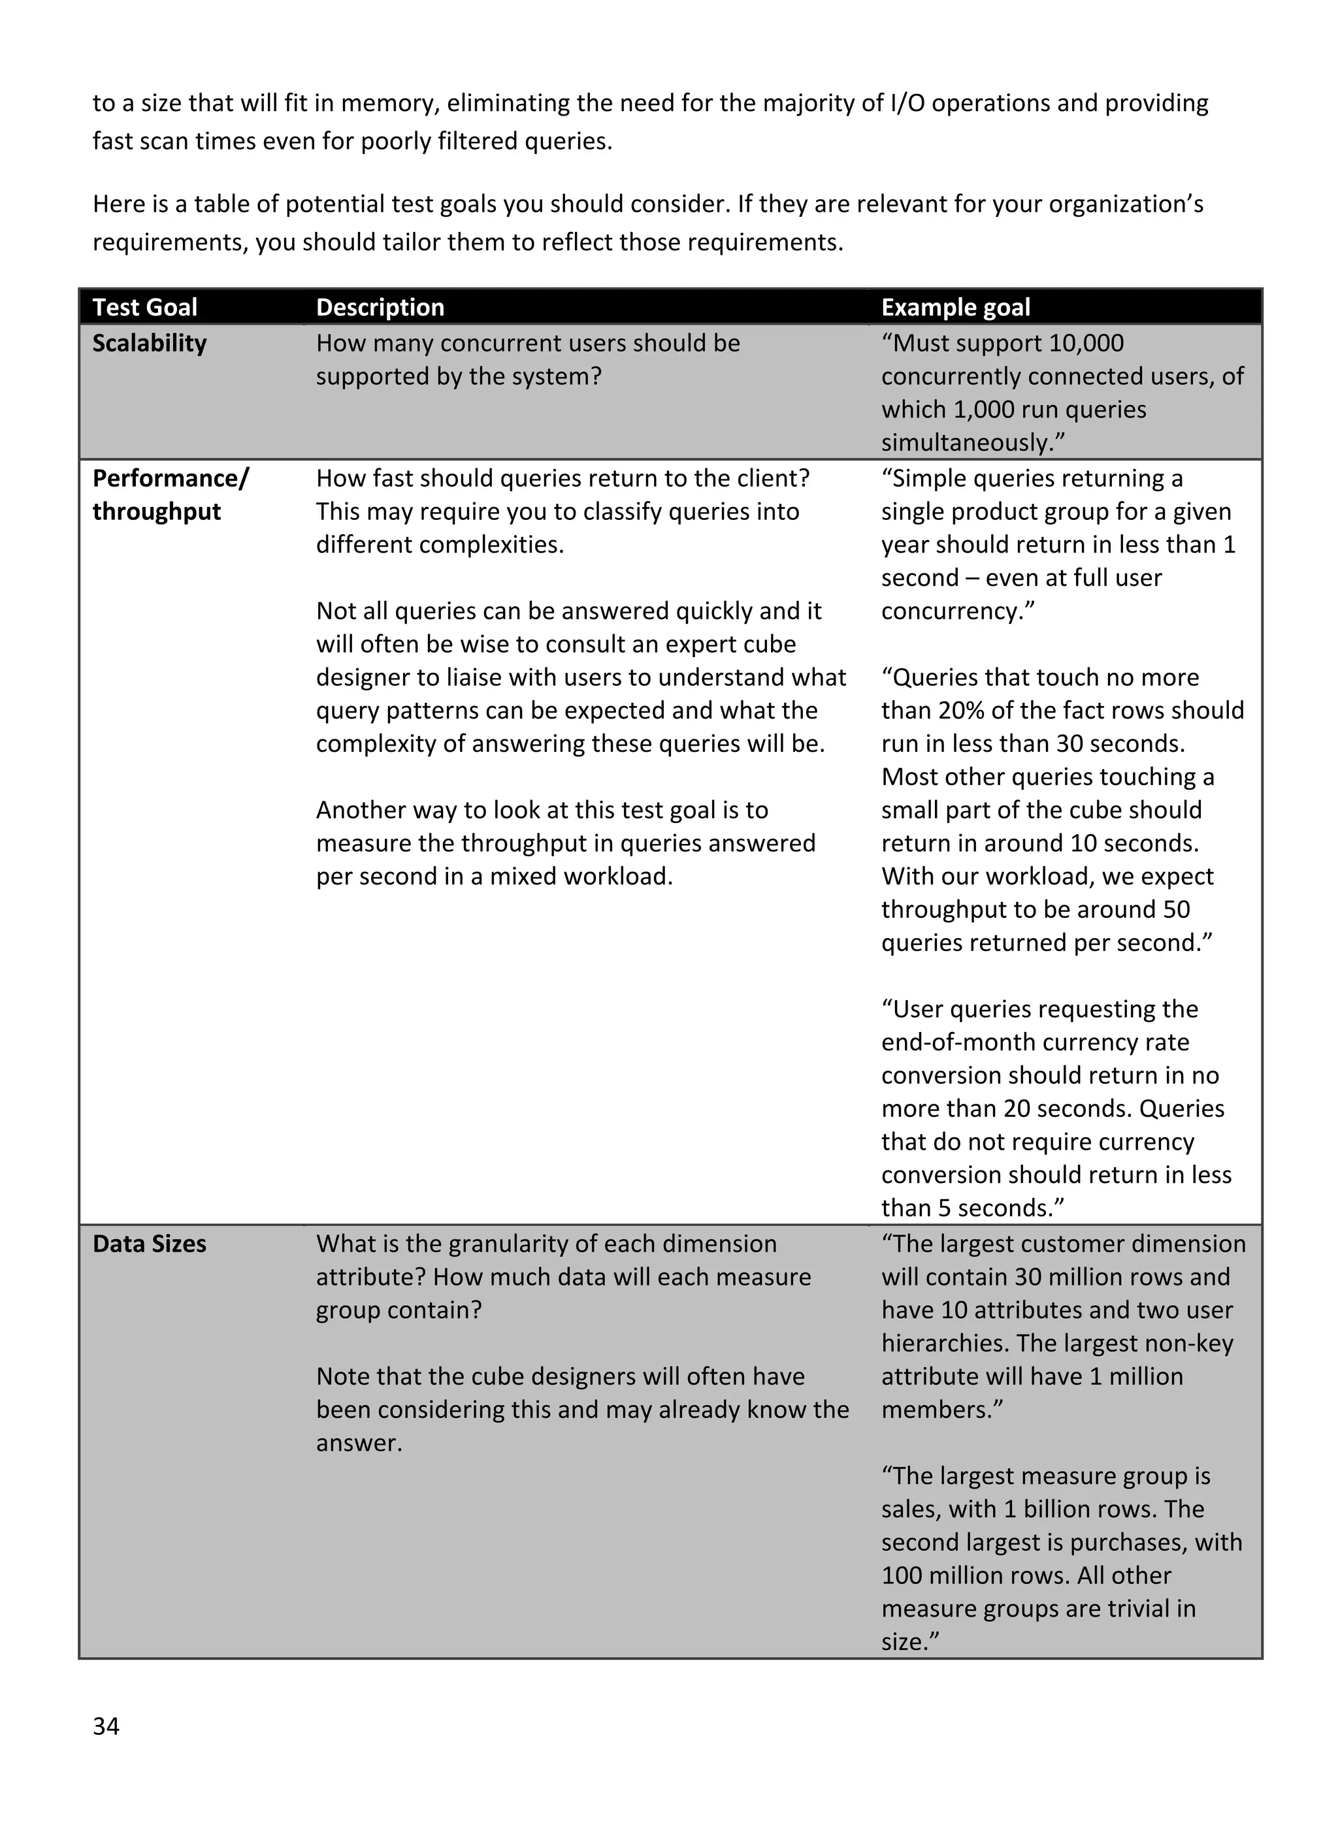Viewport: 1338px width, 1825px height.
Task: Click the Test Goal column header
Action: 145,308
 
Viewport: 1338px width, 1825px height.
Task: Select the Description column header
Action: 380,308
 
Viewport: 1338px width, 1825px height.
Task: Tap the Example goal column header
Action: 955,308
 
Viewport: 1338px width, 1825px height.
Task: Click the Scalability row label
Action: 149,344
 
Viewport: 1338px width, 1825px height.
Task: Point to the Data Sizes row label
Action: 149,1244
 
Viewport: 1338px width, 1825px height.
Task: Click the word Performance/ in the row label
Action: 170,479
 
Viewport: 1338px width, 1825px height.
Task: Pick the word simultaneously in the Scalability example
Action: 971,443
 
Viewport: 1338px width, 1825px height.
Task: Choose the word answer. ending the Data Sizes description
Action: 359,1443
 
